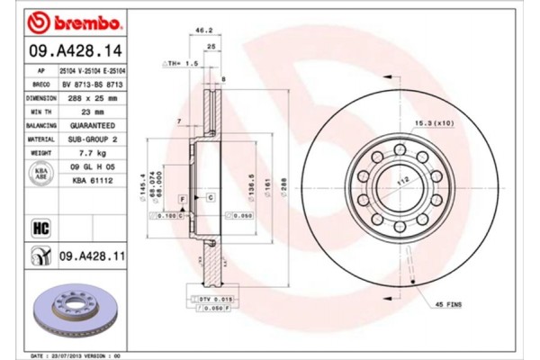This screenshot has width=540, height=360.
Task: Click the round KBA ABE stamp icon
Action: [x=40, y=175]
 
